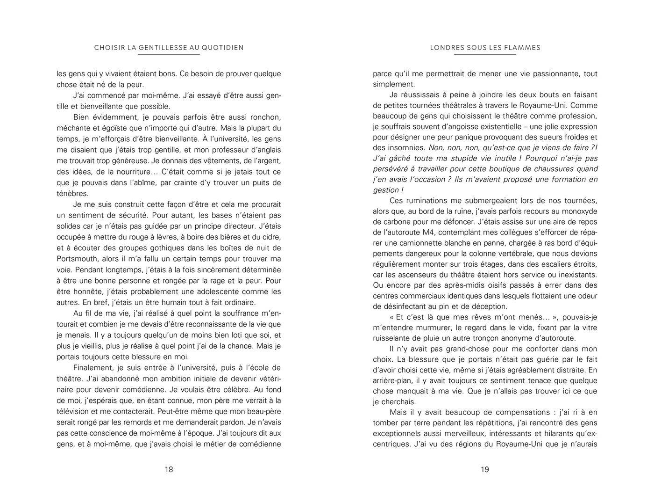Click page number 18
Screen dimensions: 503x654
pyautogui.click(x=169, y=469)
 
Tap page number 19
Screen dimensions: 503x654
pyautogui.click(x=484, y=469)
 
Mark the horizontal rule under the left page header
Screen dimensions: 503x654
pyautogui.click(x=169, y=54)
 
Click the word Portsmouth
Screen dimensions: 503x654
pyautogui.click(x=77, y=259)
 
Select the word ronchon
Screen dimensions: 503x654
pyautogui.click(x=264, y=117)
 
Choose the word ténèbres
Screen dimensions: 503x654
pyautogui.click(x=72, y=193)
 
